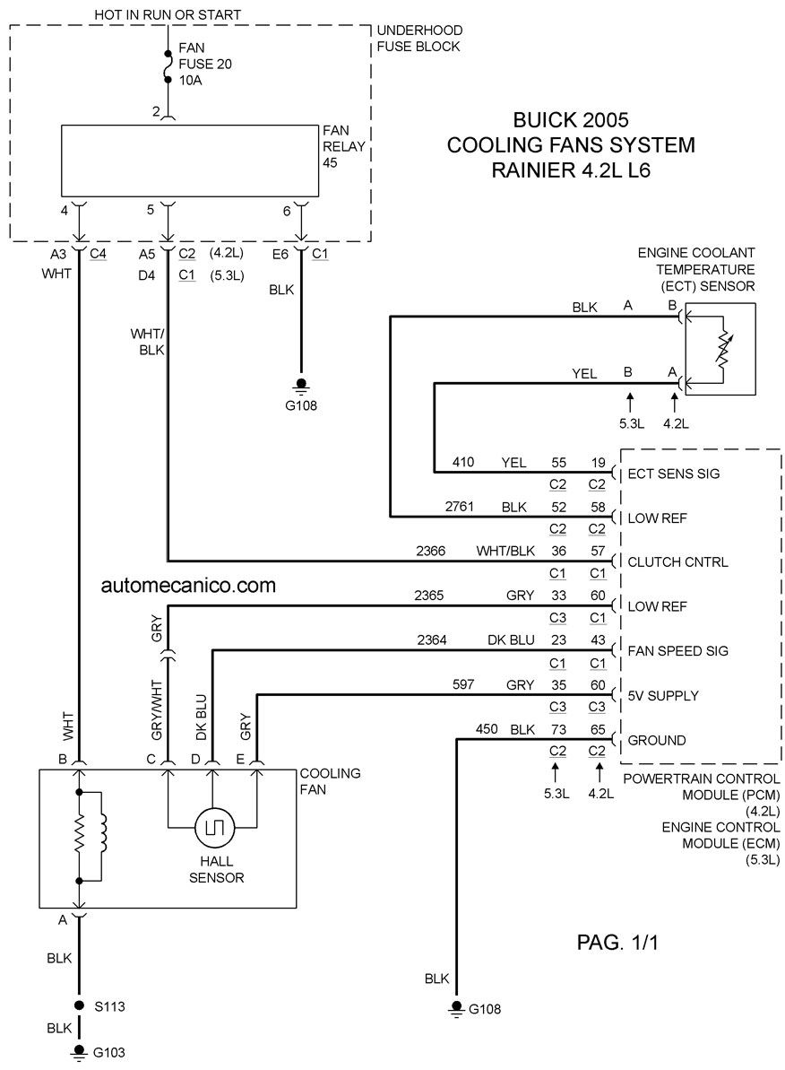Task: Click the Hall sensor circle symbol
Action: tap(215, 828)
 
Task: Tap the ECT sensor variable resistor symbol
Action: tap(722, 348)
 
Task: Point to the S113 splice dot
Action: tap(79, 1005)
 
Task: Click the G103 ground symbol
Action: tap(79, 1052)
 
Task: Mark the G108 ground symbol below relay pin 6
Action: tap(301, 387)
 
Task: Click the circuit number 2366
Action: tap(430, 551)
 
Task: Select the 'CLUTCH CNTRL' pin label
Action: tap(677, 561)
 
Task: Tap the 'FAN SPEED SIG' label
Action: tap(677, 651)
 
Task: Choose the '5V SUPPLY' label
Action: tap(663, 695)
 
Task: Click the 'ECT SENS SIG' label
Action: tap(673, 474)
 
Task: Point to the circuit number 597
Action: tap(463, 683)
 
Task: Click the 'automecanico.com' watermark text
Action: tap(188, 585)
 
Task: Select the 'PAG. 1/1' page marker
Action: tap(617, 943)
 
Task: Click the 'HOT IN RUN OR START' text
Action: tap(167, 14)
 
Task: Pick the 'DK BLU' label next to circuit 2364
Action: tap(511, 640)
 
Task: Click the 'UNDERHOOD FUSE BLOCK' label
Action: tap(419, 39)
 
